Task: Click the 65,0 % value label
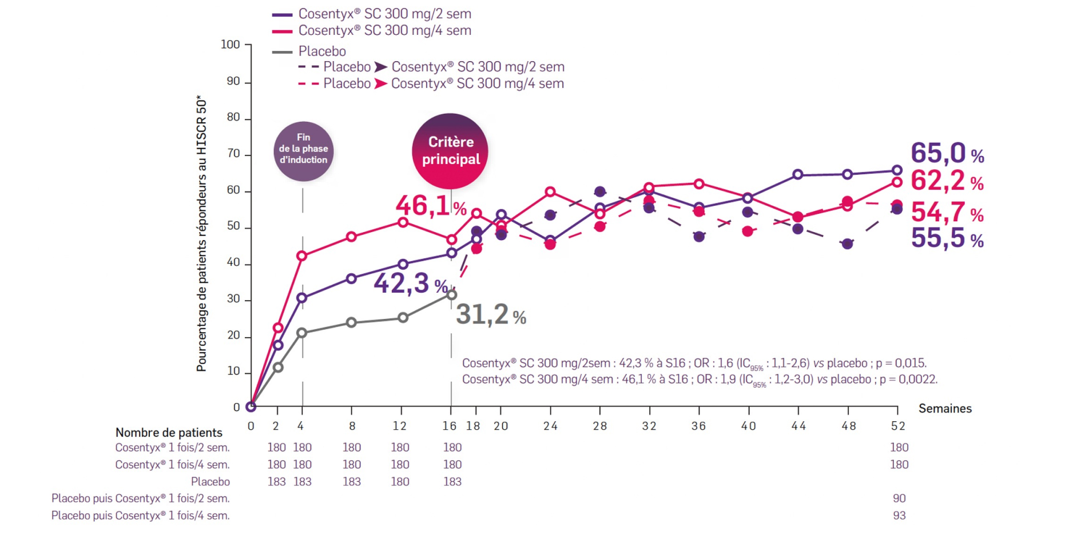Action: pyautogui.click(x=947, y=153)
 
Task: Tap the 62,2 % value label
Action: pyautogui.click(x=947, y=181)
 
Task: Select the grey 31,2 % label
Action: pyautogui.click(x=490, y=314)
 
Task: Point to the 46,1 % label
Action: pyautogui.click(x=431, y=206)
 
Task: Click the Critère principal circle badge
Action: pyautogui.click(x=450, y=151)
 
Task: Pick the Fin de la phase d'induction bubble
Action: pyautogui.click(x=303, y=151)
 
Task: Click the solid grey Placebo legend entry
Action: pyautogui.click(x=321, y=51)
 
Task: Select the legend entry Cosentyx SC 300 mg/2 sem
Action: pyautogui.click(x=384, y=14)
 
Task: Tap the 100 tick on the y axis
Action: pyautogui.click(x=231, y=45)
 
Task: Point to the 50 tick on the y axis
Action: pyautogui.click(x=233, y=226)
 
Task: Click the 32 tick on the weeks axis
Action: pyautogui.click(x=649, y=426)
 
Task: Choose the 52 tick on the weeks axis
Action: pyautogui.click(x=898, y=426)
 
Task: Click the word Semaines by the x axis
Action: pyautogui.click(x=945, y=409)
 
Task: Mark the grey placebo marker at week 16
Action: pyautogui.click(x=451, y=295)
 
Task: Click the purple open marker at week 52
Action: pyautogui.click(x=897, y=170)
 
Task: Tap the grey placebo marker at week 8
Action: pyautogui.click(x=351, y=322)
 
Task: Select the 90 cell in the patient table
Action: pyautogui.click(x=899, y=498)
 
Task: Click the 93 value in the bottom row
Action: pyautogui.click(x=899, y=516)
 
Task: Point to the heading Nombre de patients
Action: pyautogui.click(x=169, y=433)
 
